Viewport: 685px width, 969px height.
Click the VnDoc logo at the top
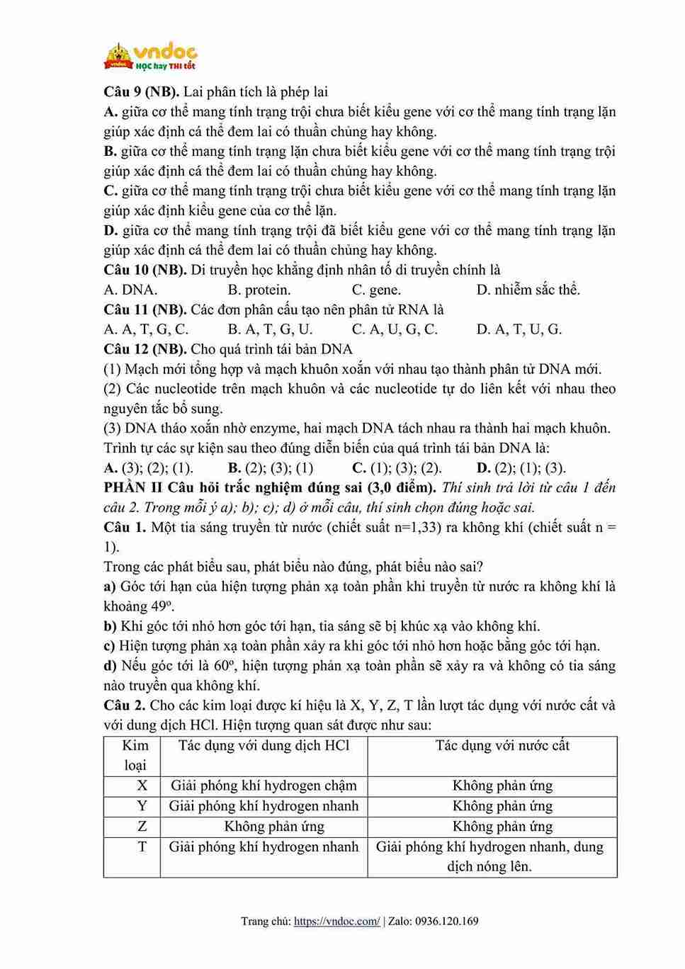click(x=150, y=56)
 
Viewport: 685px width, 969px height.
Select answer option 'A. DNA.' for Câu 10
click(x=130, y=290)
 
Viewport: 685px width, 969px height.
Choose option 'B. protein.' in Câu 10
click(x=259, y=290)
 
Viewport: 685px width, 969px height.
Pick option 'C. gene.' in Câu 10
click(x=376, y=290)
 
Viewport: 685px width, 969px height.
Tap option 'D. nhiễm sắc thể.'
click(x=528, y=290)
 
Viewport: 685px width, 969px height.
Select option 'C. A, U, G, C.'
click(x=395, y=329)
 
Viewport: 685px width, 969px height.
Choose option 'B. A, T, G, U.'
click(x=270, y=329)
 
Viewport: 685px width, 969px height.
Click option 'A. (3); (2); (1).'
click(x=148, y=468)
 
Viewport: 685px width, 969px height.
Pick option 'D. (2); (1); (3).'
click(x=521, y=468)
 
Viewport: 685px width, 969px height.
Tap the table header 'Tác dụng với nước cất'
click(x=502, y=746)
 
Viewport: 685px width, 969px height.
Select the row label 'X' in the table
click(x=142, y=786)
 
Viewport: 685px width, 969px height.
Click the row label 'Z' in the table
click(x=142, y=827)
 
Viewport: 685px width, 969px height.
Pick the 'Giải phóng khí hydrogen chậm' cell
click(x=264, y=786)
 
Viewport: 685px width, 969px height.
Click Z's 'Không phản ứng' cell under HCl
click(x=274, y=827)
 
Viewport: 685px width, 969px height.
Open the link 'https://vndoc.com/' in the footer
click(x=336, y=922)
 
